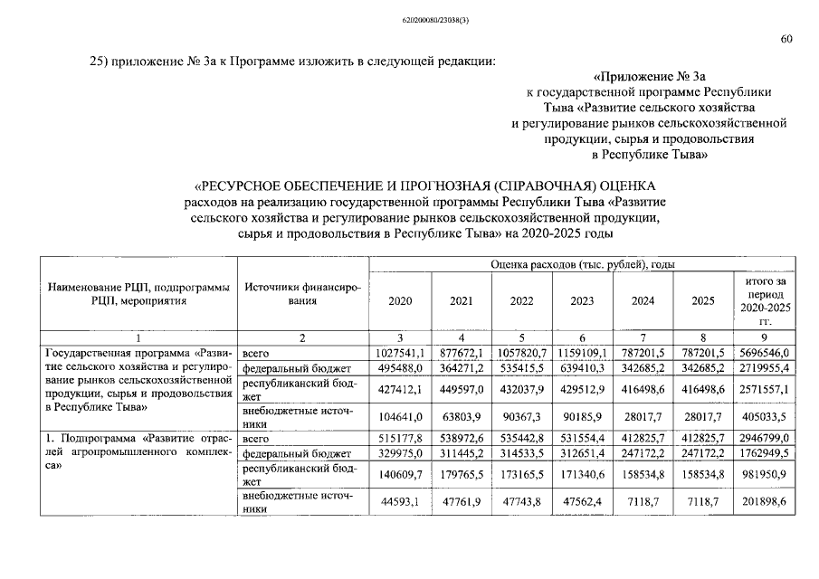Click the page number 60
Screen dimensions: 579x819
tap(786, 39)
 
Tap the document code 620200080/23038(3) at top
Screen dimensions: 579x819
tap(408, 18)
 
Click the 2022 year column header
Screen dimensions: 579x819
tap(520, 301)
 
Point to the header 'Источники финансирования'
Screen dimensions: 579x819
tap(302, 294)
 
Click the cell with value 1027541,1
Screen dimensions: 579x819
tap(401, 352)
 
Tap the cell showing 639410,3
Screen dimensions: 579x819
tap(580, 368)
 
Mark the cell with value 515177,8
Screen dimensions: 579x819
tap(401, 439)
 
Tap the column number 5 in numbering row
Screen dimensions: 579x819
tap(520, 337)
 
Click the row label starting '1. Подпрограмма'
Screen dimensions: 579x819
tap(135, 439)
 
